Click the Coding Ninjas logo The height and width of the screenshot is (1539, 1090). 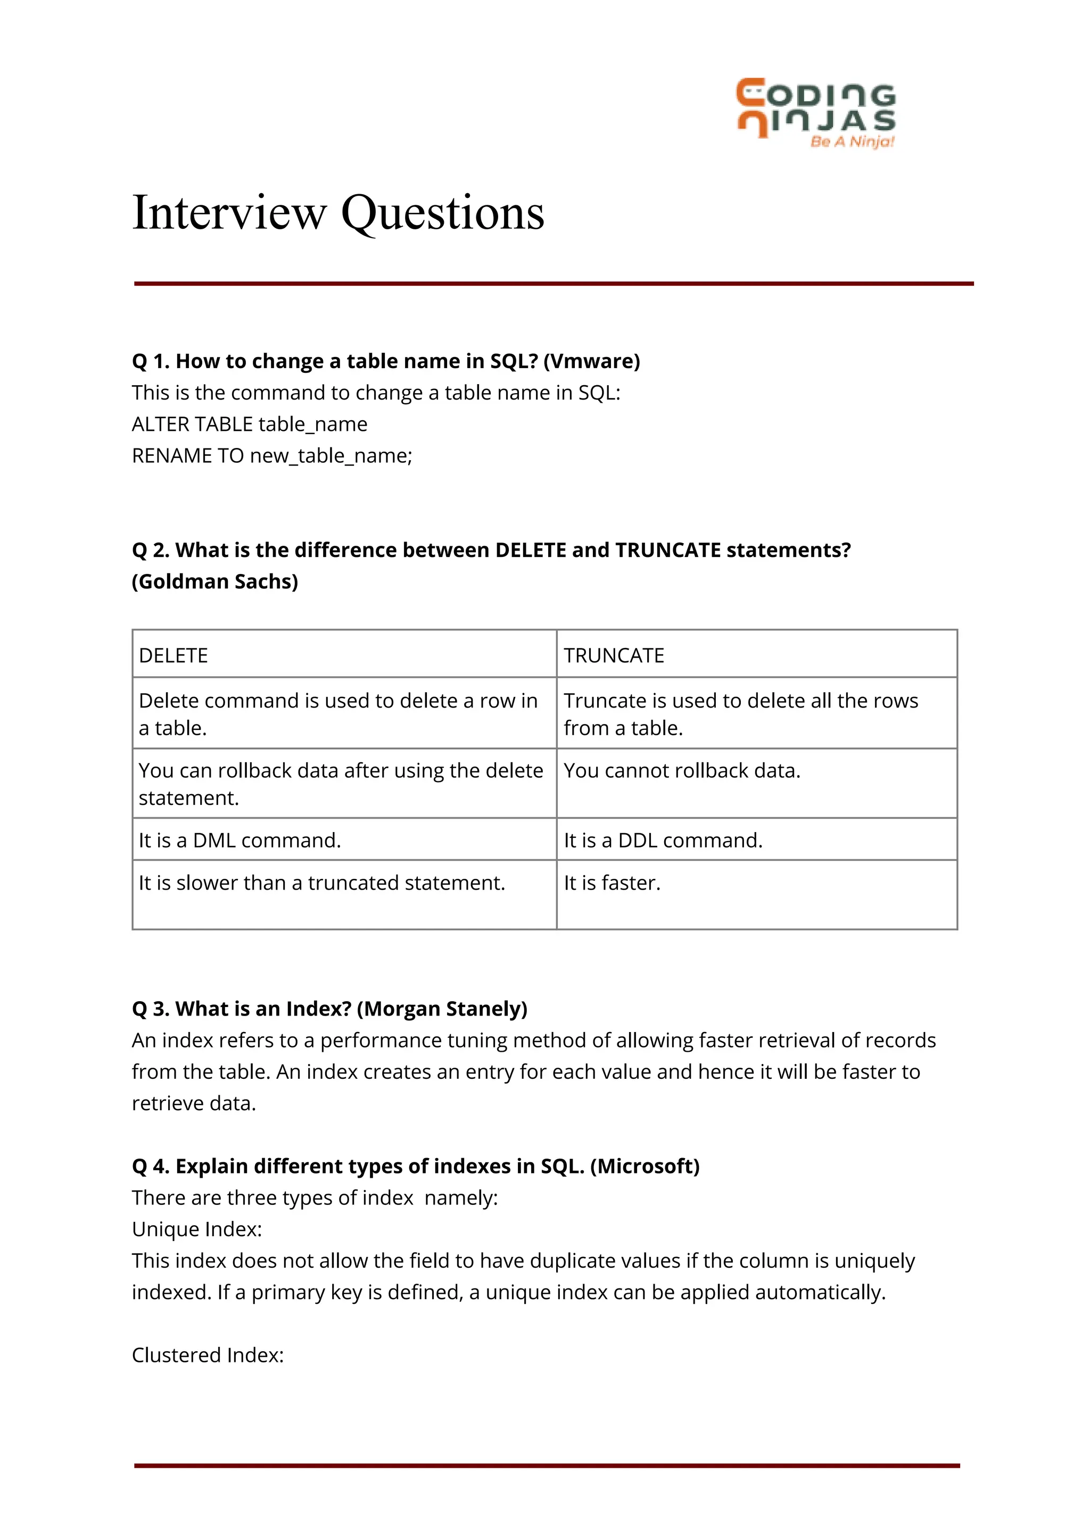click(815, 107)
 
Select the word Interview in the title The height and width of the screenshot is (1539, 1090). click(229, 213)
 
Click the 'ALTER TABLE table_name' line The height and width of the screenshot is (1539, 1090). click(249, 424)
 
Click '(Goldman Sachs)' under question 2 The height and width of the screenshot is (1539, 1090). click(215, 581)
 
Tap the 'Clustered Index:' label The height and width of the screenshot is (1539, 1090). click(208, 1354)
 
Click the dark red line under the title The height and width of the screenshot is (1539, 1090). click(553, 284)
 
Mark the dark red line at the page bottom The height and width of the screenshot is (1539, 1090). click(547, 1466)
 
